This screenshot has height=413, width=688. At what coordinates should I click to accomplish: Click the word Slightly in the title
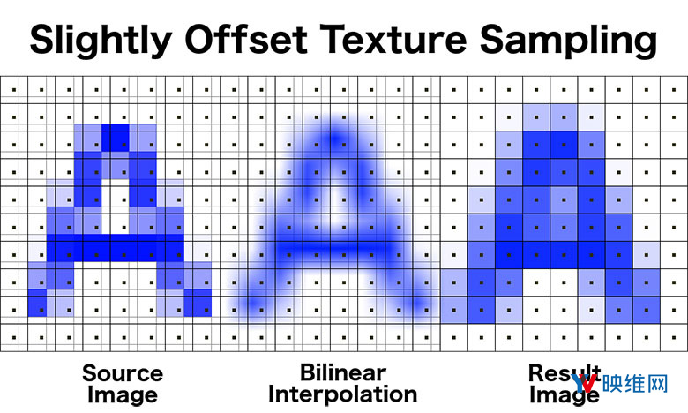101,41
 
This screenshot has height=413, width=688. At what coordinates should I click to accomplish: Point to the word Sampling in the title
568,41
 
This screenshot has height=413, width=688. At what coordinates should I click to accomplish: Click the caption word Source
123,373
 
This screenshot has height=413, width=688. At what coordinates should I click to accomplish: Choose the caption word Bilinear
343,372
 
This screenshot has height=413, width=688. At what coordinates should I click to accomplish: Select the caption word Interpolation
343,394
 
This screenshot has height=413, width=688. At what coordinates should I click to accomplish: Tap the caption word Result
565,373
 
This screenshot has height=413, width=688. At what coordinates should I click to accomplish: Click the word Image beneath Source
123,395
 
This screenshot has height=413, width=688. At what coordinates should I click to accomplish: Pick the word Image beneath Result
565,394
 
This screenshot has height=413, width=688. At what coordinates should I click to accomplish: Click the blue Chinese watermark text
635,384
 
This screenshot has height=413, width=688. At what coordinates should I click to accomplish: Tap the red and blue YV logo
585,383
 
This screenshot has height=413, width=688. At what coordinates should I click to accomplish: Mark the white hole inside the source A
116,206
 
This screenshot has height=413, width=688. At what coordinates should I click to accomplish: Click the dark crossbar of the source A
116,248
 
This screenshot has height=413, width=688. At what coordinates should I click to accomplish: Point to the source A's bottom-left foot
37,303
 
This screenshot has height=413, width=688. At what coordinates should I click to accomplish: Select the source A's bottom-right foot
198,303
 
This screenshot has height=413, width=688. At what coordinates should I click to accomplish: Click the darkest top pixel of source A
116,138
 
